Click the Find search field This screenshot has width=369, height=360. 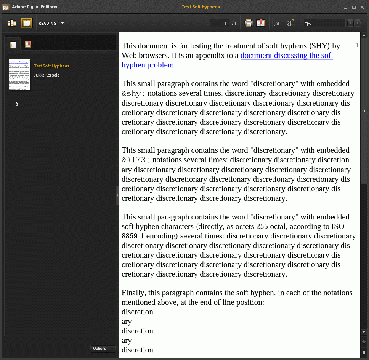[324, 24]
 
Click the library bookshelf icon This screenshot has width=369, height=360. [12, 23]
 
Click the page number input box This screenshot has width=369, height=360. [220, 24]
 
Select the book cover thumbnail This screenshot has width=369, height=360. [19, 75]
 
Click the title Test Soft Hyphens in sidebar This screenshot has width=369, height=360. [51, 66]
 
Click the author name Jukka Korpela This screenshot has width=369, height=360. [47, 75]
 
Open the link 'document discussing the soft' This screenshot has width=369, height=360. [287, 55]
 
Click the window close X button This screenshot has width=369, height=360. [362, 7]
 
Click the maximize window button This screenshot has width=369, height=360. [354, 7]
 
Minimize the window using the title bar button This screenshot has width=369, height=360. [345, 7]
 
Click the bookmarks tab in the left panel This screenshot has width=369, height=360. [28, 44]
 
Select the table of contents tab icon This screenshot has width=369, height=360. [13, 45]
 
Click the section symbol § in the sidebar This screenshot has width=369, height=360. [17, 104]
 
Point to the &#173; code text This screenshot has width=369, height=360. [135, 160]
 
